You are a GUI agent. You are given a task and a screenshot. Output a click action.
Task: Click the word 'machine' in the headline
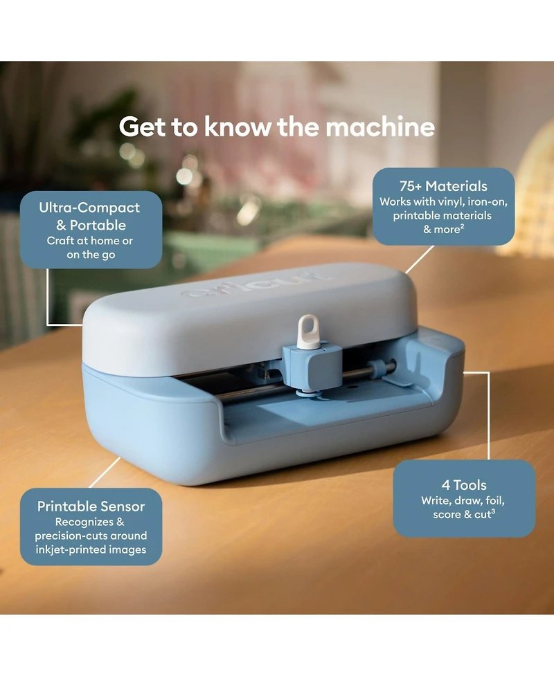click(380, 127)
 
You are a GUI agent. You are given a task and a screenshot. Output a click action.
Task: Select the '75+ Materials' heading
click(443, 186)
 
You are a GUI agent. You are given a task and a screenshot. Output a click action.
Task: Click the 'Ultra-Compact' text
click(89, 208)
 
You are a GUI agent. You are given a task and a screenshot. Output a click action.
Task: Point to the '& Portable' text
click(91, 225)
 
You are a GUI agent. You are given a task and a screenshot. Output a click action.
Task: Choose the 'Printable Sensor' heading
click(91, 506)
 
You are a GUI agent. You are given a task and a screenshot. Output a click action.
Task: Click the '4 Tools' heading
click(464, 485)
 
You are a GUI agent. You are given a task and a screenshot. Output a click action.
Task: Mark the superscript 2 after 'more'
click(462, 226)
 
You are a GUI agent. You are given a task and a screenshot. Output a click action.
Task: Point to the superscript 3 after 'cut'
click(493, 512)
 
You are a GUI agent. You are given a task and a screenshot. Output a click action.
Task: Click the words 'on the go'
click(91, 255)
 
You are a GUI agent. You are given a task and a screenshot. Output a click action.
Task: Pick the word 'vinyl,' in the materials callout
click(450, 202)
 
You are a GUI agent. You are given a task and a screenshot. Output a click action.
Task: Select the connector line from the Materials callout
click(420, 259)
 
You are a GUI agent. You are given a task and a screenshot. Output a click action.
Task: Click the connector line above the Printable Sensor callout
click(105, 473)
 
